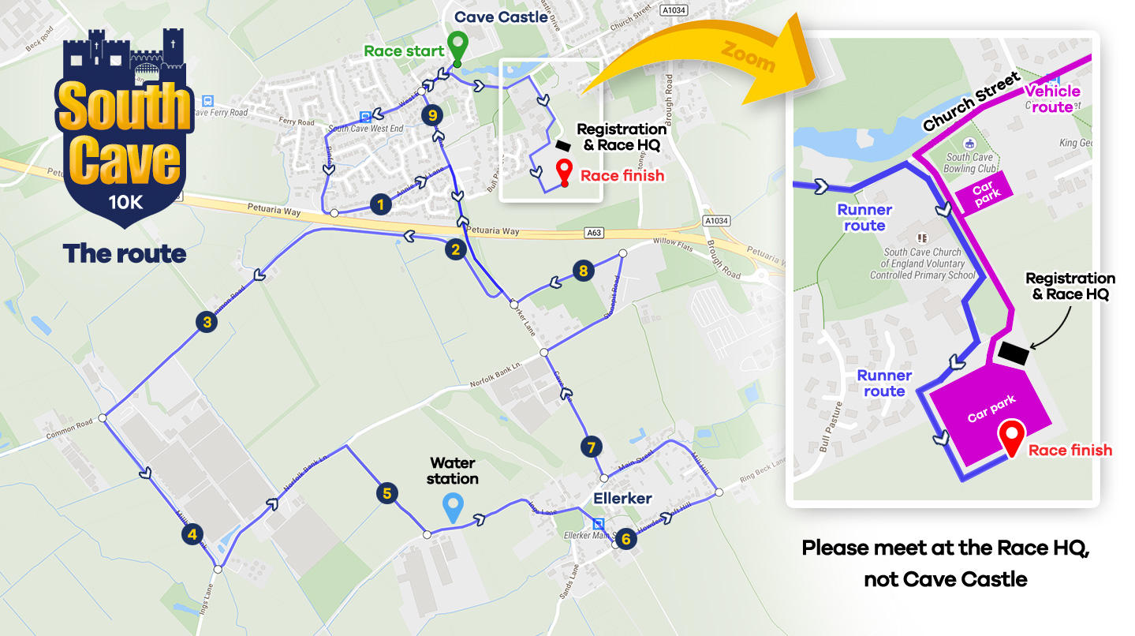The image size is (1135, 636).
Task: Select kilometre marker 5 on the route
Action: pyautogui.click(x=386, y=493)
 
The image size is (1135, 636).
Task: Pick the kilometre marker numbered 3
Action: pyautogui.click(x=207, y=321)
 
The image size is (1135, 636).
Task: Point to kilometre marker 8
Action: pyautogui.click(x=583, y=271)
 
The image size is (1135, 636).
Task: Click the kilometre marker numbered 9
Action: pyautogui.click(x=430, y=115)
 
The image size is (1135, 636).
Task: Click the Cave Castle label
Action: pyautogui.click(x=501, y=17)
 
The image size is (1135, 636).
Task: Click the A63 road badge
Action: pyautogui.click(x=594, y=233)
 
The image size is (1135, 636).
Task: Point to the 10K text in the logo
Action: pyautogui.click(x=125, y=203)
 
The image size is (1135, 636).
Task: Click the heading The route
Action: pyautogui.click(x=125, y=253)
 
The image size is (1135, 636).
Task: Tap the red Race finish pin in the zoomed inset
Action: pyautogui.click(x=1012, y=436)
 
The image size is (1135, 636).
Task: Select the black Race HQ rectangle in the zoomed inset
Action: pyautogui.click(x=1014, y=353)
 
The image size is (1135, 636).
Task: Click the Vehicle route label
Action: pyautogui.click(x=1052, y=99)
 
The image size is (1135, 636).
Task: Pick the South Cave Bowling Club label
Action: pyautogui.click(x=969, y=163)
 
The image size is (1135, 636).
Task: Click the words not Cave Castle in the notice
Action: pyautogui.click(x=946, y=580)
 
